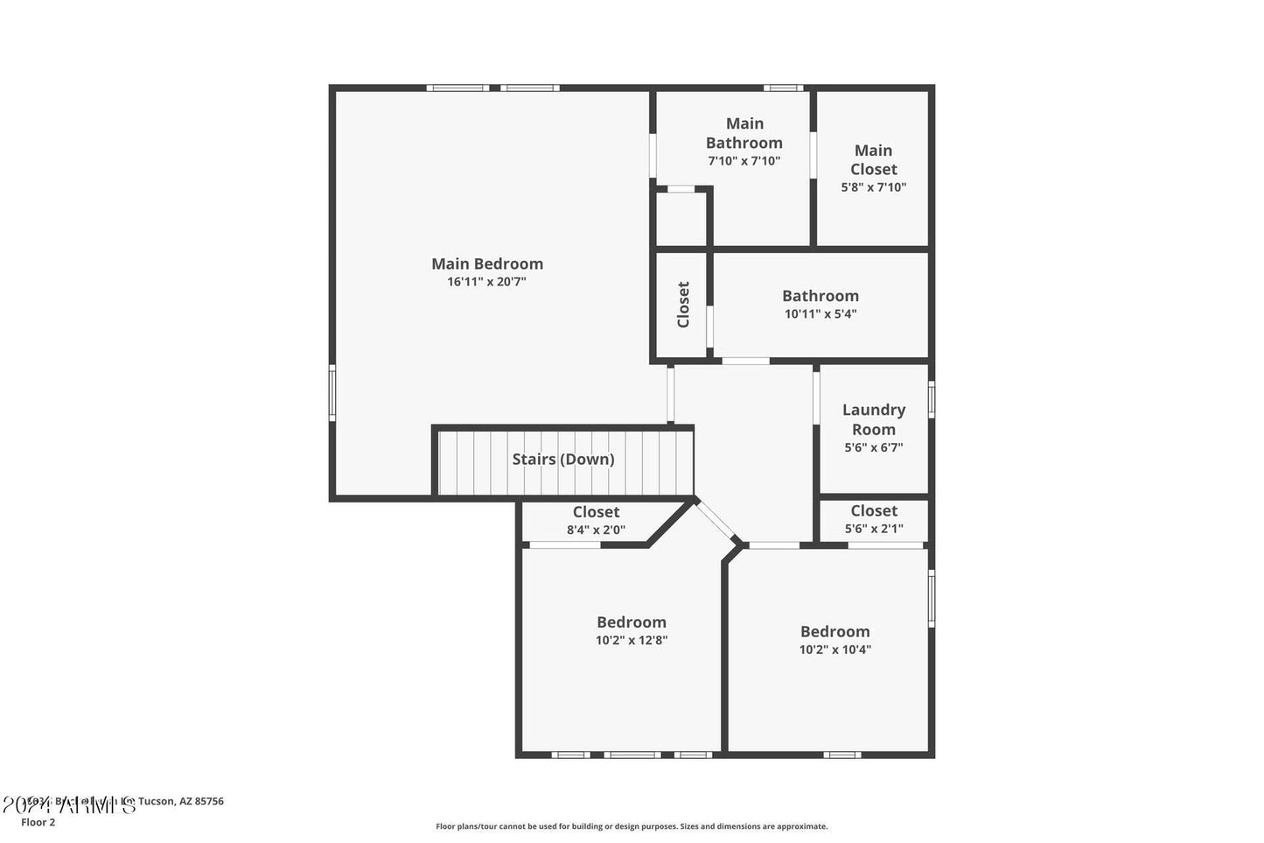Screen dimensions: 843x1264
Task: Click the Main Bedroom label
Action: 487,263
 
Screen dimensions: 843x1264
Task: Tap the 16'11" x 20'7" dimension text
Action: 486,282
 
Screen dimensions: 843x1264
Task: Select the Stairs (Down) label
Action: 563,459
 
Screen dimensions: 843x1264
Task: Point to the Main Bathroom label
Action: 744,133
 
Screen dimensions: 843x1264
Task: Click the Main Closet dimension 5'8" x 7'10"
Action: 873,186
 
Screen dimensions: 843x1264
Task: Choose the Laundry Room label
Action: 873,419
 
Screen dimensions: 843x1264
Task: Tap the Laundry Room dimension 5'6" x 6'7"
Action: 873,447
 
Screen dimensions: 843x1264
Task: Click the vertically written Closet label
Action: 683,305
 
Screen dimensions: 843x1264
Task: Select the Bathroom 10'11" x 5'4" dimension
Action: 821,313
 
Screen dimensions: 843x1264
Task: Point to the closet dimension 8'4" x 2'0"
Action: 596,530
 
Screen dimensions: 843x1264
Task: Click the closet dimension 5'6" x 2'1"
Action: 874,529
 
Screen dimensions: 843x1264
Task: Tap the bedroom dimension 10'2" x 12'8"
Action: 632,640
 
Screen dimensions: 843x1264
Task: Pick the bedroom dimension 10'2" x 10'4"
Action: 835,650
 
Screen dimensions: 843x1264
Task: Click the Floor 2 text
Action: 38,822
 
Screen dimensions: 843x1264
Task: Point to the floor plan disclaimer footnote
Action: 632,826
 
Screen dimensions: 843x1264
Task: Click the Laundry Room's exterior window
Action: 932,399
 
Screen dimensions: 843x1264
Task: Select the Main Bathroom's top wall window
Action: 783,88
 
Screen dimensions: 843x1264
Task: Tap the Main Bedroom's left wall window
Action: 332,393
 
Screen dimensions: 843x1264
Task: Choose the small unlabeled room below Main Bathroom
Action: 681,219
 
